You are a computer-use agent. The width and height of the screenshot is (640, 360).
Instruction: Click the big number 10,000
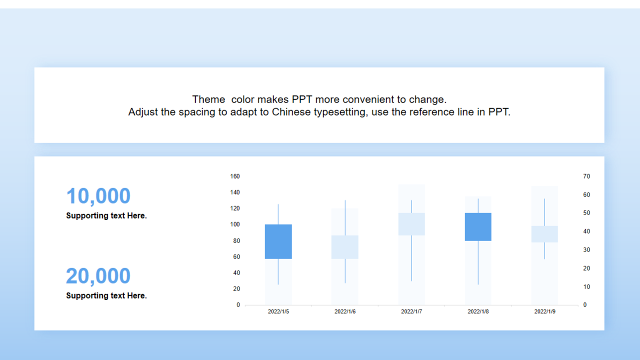tap(98, 196)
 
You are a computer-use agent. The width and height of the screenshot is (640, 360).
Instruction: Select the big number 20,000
tap(98, 276)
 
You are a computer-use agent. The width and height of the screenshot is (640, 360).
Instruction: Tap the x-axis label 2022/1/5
tap(278, 311)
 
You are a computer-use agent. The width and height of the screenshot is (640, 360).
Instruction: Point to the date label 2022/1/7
tap(411, 311)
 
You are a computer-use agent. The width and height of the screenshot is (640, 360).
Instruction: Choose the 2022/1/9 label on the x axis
tap(545, 311)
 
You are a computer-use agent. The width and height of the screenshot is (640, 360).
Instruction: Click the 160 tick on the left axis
tap(235, 176)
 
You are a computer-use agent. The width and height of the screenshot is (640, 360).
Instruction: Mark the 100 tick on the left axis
tap(235, 224)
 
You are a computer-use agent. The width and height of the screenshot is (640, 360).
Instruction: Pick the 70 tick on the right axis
tap(586, 176)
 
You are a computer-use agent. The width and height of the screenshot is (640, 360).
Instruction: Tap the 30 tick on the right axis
tap(586, 249)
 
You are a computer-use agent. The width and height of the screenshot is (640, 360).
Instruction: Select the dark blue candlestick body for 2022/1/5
tap(278, 241)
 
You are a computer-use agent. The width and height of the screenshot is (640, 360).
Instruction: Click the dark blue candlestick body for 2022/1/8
tap(478, 227)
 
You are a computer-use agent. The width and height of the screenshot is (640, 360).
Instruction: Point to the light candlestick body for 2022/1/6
tap(345, 247)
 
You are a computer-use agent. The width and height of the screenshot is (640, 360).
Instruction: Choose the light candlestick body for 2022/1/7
tap(411, 224)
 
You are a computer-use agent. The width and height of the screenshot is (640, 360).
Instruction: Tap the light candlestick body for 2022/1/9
tap(544, 234)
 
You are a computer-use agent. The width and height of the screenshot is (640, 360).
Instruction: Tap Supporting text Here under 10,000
tap(106, 215)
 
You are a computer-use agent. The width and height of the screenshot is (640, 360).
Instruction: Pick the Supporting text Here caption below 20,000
tap(106, 295)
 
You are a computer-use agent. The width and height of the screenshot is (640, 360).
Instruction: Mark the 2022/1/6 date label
tap(345, 311)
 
